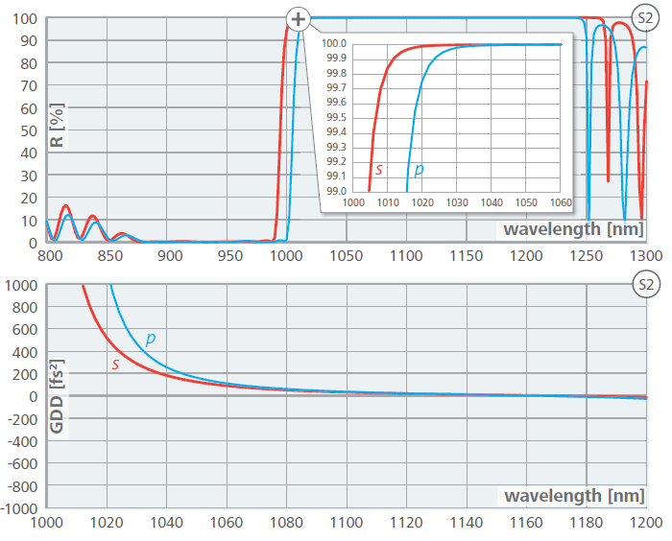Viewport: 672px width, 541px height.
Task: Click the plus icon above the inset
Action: [x=299, y=18]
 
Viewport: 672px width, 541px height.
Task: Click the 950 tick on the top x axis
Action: [x=228, y=256]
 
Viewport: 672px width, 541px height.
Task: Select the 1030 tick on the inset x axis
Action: [x=457, y=202]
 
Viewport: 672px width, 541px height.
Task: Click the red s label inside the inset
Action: [x=379, y=170]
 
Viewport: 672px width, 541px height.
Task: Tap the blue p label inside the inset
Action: [x=419, y=170]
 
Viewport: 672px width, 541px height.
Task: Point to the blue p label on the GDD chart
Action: [x=151, y=339]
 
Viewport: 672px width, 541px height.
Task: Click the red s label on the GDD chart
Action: [x=115, y=364]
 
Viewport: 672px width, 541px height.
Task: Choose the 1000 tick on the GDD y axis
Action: [x=21, y=286]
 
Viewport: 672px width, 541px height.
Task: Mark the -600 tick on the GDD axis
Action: [x=21, y=463]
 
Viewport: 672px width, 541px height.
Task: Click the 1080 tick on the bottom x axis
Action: [x=285, y=524]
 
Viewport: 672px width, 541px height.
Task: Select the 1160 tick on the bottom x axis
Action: [x=526, y=524]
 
